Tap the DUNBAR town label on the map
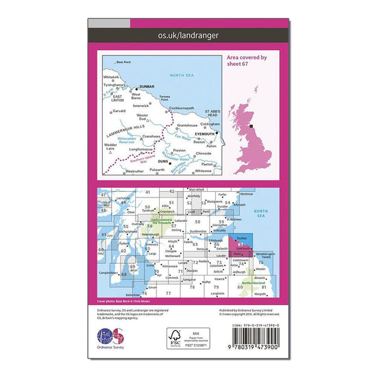pos(147,87)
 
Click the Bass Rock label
pos(123,62)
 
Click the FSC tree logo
pos(177,337)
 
